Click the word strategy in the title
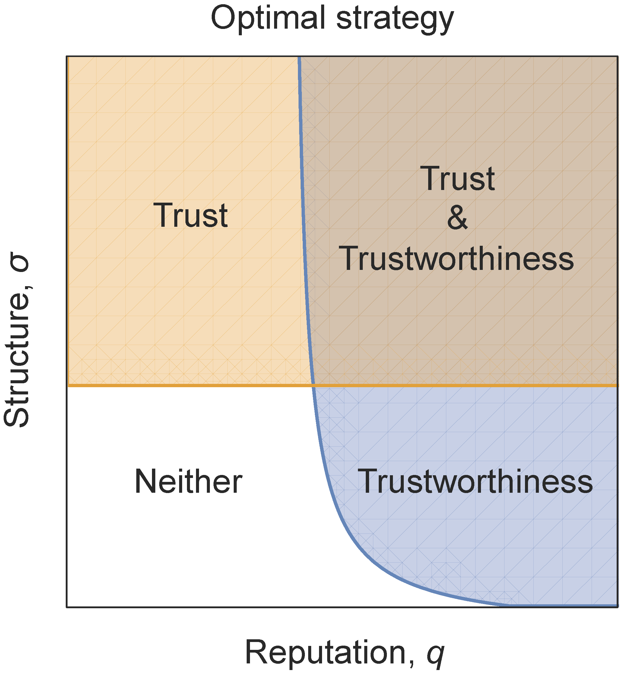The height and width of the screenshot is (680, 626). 395,20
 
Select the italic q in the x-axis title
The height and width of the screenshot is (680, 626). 435,655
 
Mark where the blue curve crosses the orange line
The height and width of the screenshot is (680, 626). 313,386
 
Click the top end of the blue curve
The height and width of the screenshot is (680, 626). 299,58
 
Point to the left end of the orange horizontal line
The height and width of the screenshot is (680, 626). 69,386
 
